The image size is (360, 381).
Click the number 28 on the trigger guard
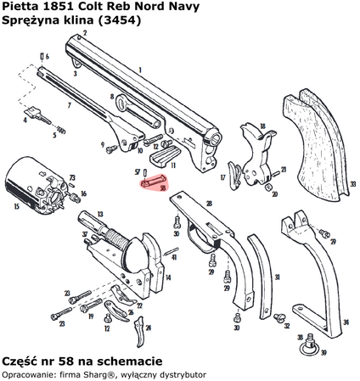click(x=207, y=204)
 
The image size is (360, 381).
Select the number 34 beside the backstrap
click(x=345, y=322)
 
